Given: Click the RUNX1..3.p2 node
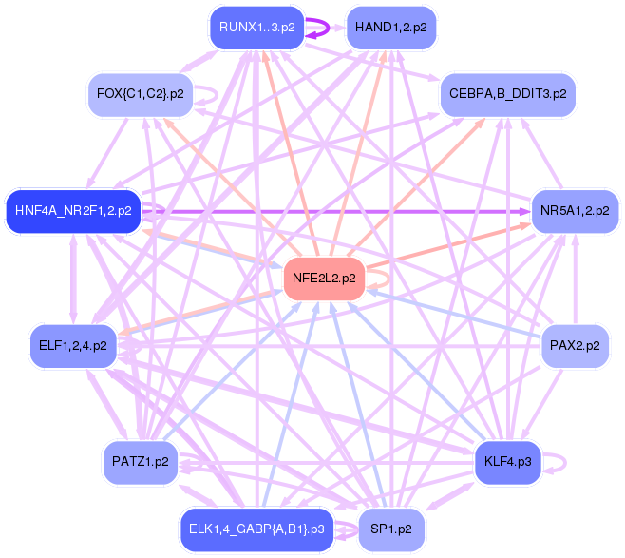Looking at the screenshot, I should pos(256,28).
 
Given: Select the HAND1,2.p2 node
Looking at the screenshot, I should pos(391,28).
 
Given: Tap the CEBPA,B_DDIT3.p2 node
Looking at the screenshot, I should pos(508,94).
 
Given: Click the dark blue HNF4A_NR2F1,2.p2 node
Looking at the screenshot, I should pos(73,210).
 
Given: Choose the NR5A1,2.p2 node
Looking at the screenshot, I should pos(575,210).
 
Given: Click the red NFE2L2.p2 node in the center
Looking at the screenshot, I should pos(324,279).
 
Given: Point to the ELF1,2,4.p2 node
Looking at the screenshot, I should pos(73,345).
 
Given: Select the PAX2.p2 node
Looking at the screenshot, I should pos(575,345).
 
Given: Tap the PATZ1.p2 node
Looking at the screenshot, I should pos(140,462).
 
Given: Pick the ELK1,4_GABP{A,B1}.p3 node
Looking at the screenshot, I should pos(256,529).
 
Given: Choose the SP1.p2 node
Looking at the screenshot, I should pos(391,529).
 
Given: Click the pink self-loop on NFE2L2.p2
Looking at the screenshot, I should pos(380,279).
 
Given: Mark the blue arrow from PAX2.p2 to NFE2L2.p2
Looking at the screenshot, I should pos(456,314).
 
